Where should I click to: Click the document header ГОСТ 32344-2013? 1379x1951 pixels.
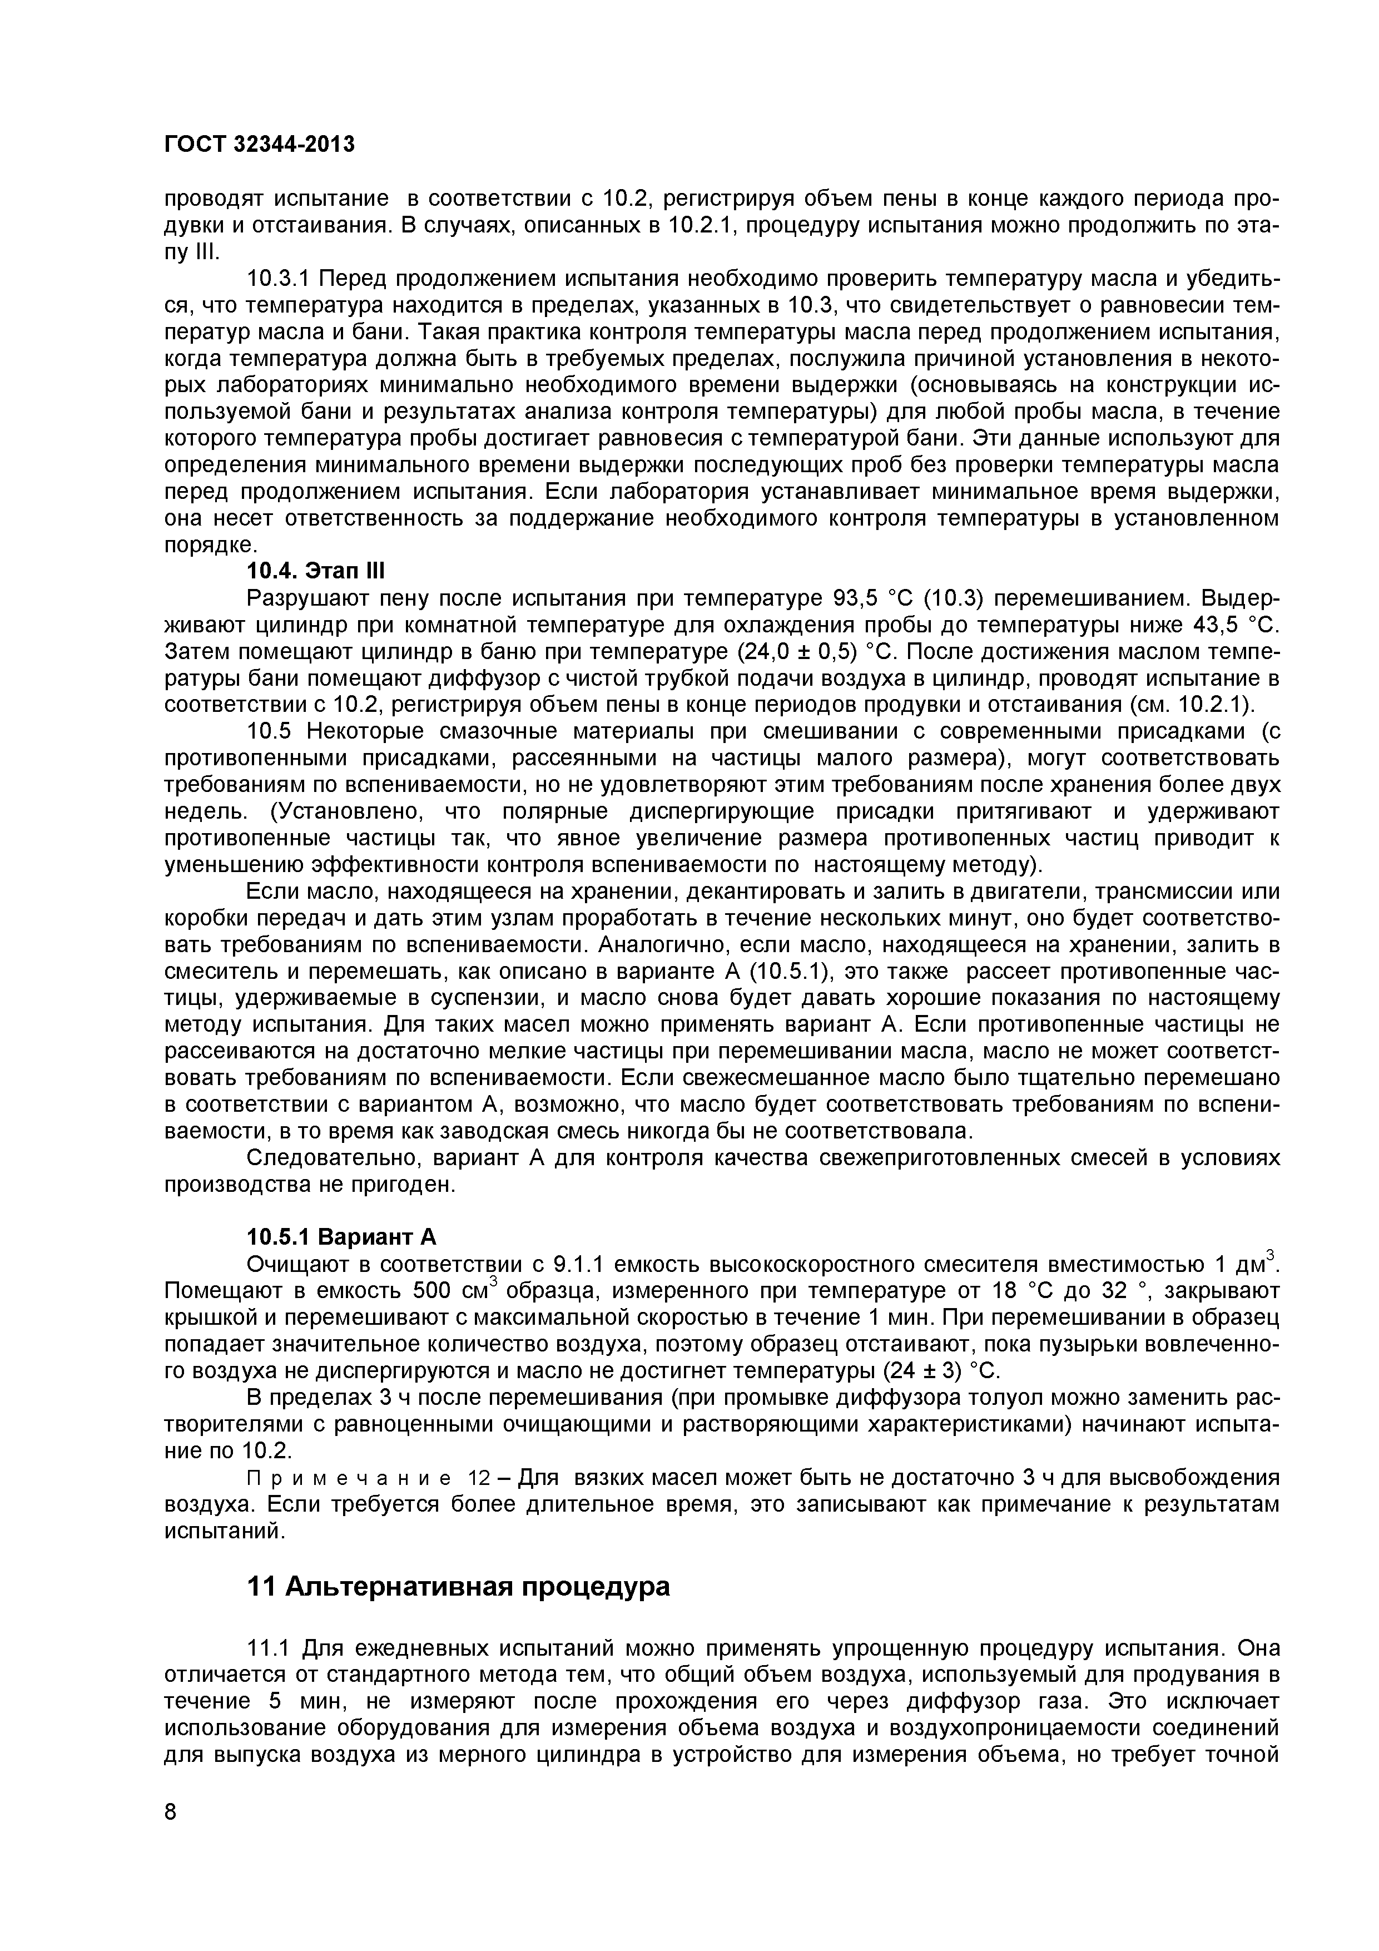click(259, 145)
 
